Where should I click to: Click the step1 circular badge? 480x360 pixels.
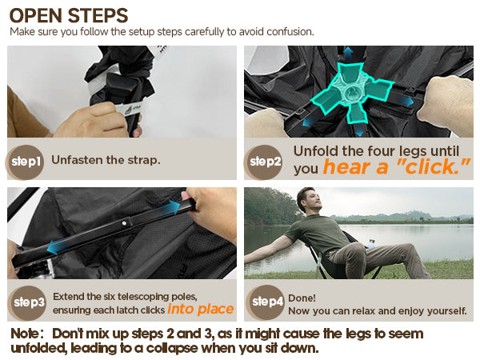pos(26,162)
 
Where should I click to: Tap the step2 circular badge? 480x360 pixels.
pos(264,162)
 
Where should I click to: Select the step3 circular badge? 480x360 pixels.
pos(28,302)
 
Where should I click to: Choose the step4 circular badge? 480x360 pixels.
pos(266,302)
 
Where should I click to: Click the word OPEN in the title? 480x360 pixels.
pos(36,16)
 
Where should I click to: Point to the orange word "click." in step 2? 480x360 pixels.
pos(433,167)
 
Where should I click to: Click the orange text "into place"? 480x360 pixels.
pos(201,309)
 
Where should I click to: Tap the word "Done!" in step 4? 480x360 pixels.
pos(302,298)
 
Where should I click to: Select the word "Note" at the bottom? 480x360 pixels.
pos(25,334)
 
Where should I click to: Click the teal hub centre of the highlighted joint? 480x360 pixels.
pos(351,93)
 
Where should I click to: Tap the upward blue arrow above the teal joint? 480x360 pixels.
pos(347,54)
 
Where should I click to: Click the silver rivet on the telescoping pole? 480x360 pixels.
pos(124,223)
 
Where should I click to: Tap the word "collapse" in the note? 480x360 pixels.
pos(172,348)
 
